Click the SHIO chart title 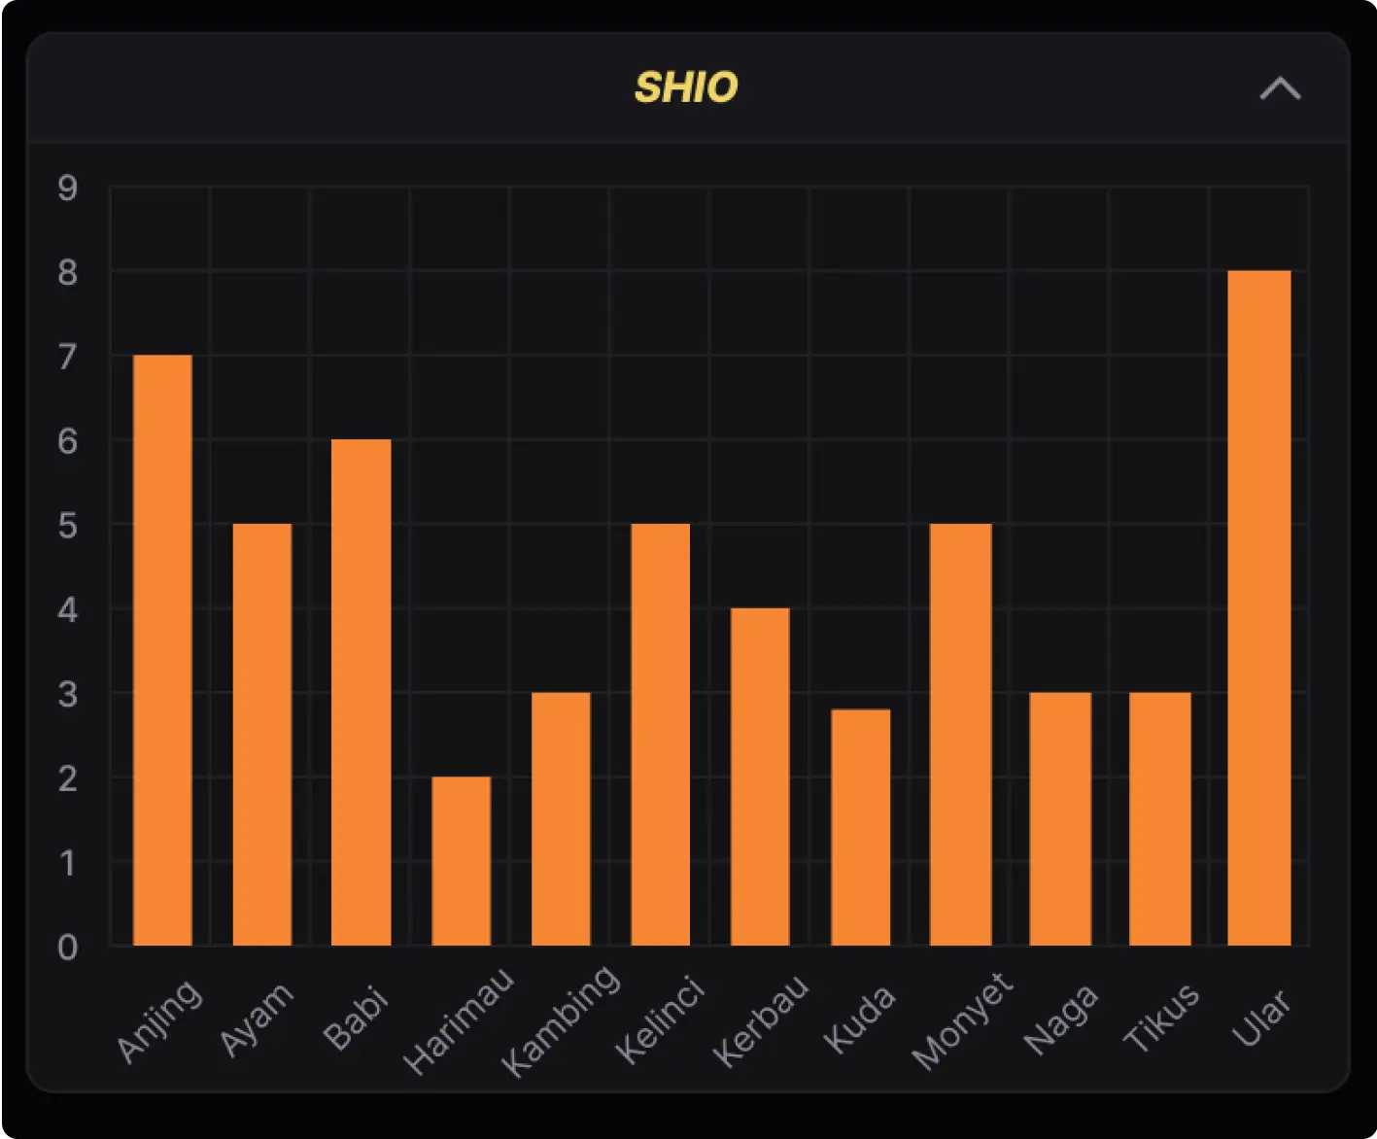686,87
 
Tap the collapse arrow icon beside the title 1280,88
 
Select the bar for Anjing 162,650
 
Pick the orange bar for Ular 1259,607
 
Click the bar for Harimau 461,861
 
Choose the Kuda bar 860,827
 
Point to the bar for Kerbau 760,777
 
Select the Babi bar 361,692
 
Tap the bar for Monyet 960,735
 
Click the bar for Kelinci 660,735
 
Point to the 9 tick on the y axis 67,188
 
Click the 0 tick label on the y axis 67,948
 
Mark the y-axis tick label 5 67,526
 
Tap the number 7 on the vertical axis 67,357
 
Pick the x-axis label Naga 1061,1018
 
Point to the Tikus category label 1161,1017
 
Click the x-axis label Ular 1261,1017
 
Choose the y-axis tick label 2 67,778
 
